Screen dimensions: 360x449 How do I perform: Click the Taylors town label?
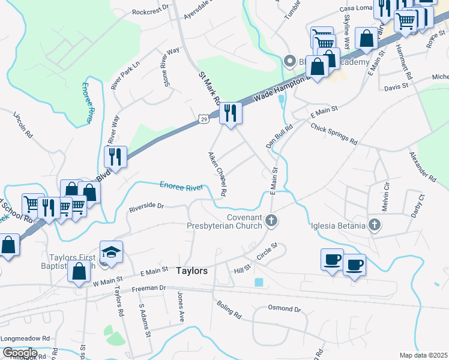192,271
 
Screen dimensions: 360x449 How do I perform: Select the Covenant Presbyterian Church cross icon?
271,221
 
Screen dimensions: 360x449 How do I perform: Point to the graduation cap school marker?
111,251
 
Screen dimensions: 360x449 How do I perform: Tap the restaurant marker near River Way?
115,157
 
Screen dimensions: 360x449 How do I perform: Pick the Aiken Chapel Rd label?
217,174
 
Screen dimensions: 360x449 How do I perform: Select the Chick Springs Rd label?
334,134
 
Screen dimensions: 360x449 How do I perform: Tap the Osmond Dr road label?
285,309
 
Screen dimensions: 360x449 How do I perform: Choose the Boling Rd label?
229,309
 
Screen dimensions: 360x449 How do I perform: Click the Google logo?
19,353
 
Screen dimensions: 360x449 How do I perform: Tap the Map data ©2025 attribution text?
423,355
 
